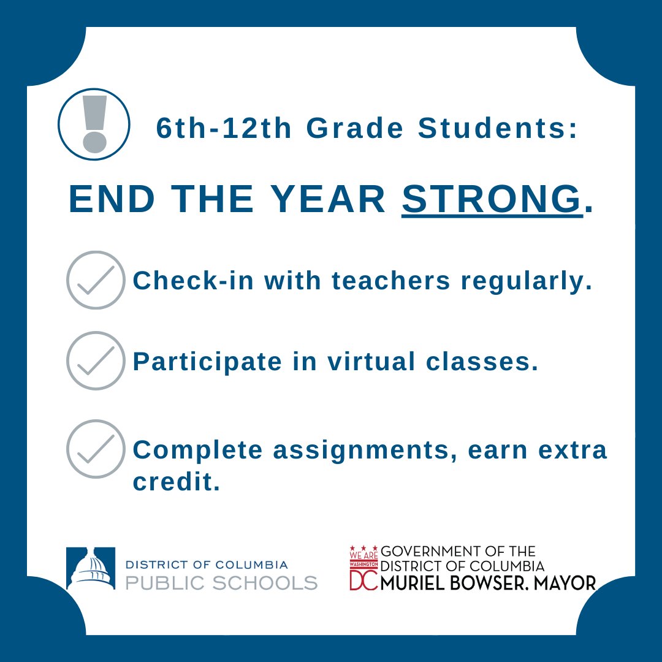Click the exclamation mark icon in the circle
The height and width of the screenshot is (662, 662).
(94, 124)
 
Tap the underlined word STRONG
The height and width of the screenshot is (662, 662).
(491, 199)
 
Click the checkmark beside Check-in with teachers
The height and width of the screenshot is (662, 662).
(96, 280)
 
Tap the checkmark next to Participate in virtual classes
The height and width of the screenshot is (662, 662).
(96, 361)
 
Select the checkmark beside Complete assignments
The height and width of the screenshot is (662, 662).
(96, 449)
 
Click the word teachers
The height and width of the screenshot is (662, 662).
(393, 281)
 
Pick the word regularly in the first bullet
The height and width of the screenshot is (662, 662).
(527, 282)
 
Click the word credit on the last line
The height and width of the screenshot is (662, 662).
(176, 482)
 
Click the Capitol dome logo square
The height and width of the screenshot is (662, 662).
(91, 568)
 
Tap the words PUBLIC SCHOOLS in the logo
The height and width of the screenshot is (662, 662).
(221, 582)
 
